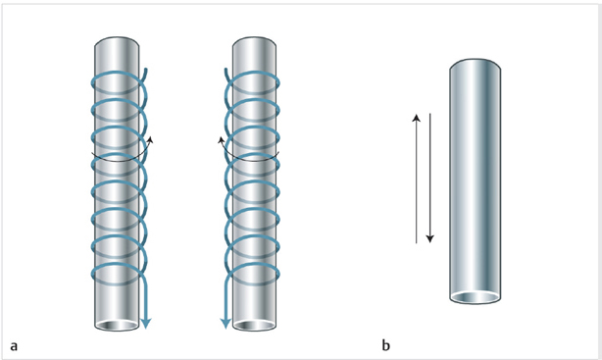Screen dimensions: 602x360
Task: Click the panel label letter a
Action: tap(14, 346)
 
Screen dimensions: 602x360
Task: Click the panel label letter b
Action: tap(386, 345)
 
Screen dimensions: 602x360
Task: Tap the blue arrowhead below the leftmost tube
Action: tap(145, 324)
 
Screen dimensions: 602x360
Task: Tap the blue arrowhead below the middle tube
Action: tap(226, 324)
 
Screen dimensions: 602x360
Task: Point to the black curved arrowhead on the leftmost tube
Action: tap(150, 139)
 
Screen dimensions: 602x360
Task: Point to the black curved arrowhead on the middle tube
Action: tap(222, 139)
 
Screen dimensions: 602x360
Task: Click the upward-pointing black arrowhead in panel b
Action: tap(416, 118)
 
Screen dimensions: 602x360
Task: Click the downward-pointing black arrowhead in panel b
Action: tap(430, 239)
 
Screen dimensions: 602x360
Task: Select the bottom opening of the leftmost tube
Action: tap(117, 326)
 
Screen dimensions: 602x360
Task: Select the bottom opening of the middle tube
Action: tap(254, 326)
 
